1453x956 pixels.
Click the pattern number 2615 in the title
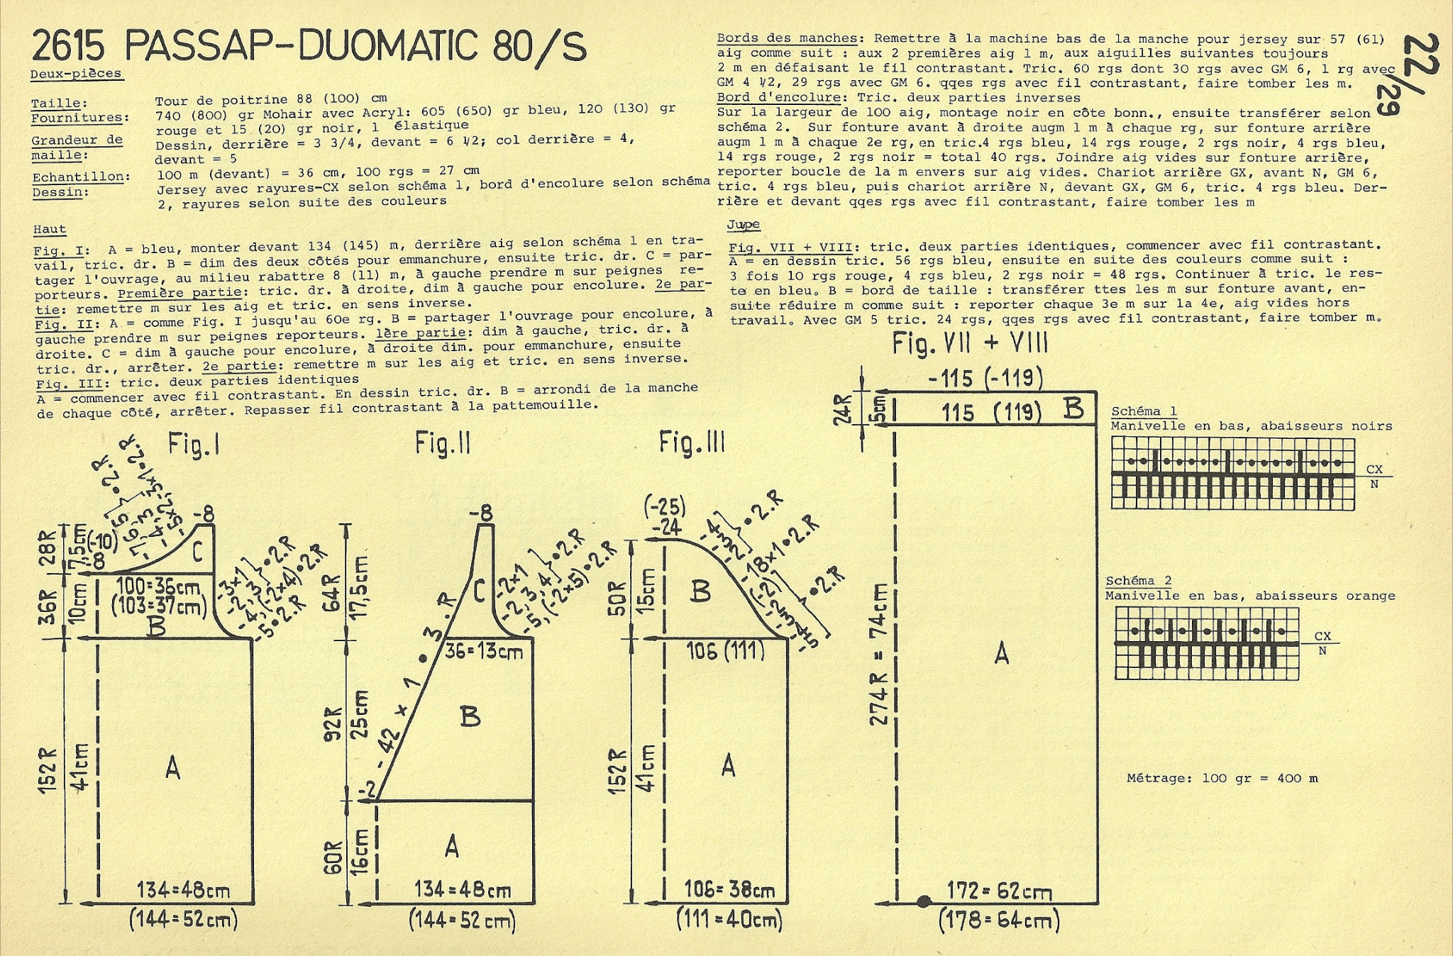pos(68,47)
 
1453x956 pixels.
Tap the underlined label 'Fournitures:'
pos(80,118)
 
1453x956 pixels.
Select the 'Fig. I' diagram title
pos(193,445)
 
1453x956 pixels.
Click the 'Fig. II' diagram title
pos(443,444)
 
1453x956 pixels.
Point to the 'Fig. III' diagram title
pos(692,443)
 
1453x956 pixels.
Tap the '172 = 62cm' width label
pos(1000,891)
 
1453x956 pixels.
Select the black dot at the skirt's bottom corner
pos(923,902)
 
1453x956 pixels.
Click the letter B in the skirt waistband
pos(1073,409)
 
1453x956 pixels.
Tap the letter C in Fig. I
pos(198,550)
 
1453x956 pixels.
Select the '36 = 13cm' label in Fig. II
pos(484,650)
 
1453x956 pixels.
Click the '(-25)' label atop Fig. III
pos(665,506)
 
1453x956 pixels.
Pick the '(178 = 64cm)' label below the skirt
pos(999,920)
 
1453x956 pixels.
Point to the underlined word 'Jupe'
pos(743,225)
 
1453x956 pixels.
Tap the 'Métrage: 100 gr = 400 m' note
pos(1222,778)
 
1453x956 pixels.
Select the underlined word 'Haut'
pos(50,229)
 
